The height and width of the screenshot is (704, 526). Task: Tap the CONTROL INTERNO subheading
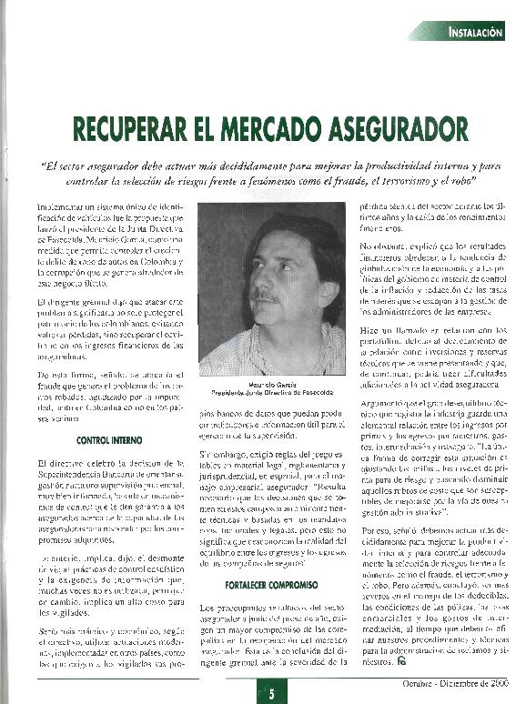tap(107, 440)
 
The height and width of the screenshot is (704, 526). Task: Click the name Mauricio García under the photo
tap(271, 385)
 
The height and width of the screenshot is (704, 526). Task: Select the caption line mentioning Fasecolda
tap(271, 393)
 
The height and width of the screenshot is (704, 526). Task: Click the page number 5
tap(269, 693)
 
